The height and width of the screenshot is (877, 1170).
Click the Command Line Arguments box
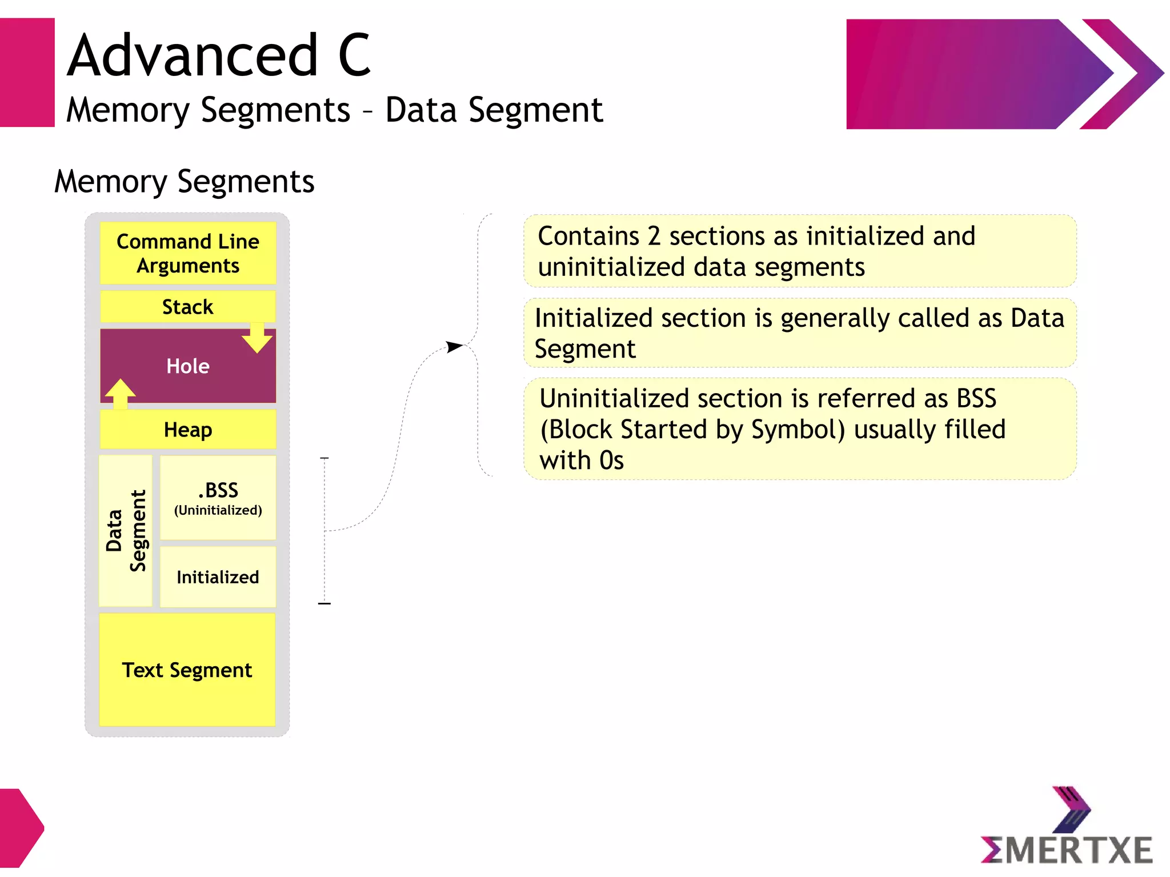(x=187, y=253)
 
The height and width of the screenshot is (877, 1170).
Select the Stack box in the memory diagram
(x=187, y=307)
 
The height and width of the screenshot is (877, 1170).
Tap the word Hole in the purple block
(x=187, y=366)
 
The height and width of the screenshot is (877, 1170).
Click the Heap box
(x=187, y=430)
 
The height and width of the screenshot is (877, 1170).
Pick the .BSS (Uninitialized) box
(x=218, y=498)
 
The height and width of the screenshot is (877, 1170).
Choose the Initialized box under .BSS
(x=218, y=577)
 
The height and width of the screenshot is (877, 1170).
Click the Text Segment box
(x=187, y=670)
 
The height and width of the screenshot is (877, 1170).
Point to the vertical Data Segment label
(x=126, y=531)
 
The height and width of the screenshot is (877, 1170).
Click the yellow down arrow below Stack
(x=257, y=338)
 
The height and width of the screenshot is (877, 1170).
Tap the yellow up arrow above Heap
(x=120, y=393)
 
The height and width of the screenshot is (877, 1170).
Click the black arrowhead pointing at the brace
(x=454, y=346)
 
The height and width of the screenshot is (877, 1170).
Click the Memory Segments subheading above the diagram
(x=184, y=182)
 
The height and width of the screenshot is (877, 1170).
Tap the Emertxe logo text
(x=1067, y=850)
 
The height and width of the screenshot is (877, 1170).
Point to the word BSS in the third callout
(x=976, y=398)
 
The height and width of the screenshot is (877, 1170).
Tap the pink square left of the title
(x=27, y=73)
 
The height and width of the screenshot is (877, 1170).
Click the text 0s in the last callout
(x=611, y=460)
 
